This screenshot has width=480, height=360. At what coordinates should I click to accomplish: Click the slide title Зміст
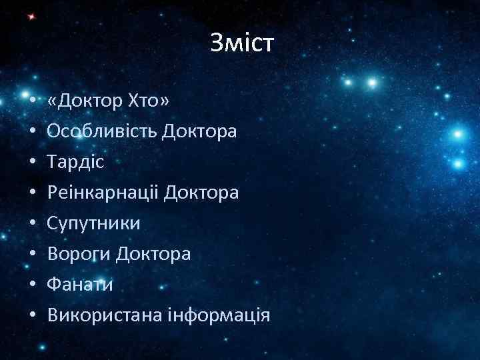(x=241, y=44)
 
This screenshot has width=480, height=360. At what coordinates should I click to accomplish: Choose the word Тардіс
(x=76, y=162)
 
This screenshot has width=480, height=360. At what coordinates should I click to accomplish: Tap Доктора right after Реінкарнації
(x=201, y=193)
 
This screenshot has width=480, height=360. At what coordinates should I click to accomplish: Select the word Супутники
(x=94, y=223)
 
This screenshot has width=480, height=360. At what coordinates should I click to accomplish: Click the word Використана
(x=106, y=315)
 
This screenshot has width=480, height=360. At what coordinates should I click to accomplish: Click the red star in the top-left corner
(x=29, y=16)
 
